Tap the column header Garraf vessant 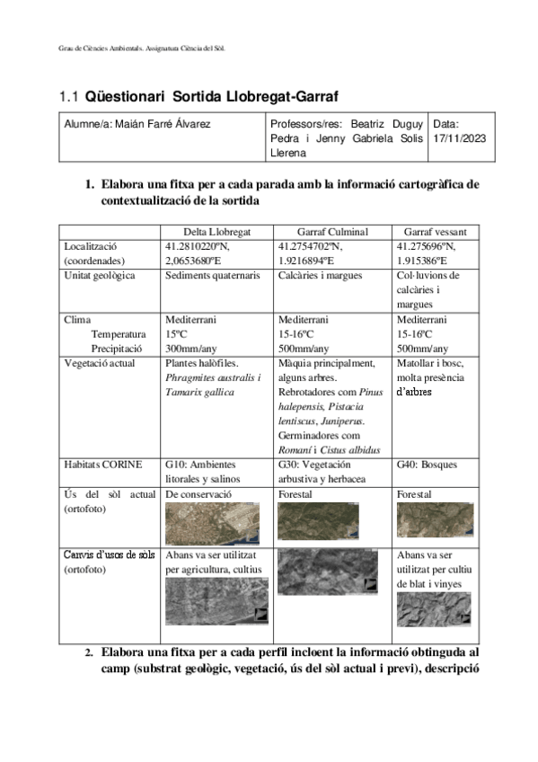(435, 231)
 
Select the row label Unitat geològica (100, 275)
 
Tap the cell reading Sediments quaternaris (213, 275)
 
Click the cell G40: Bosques (426, 465)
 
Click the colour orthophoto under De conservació (211, 523)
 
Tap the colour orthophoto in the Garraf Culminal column (312, 520)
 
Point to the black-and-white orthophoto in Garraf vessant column (433, 608)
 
